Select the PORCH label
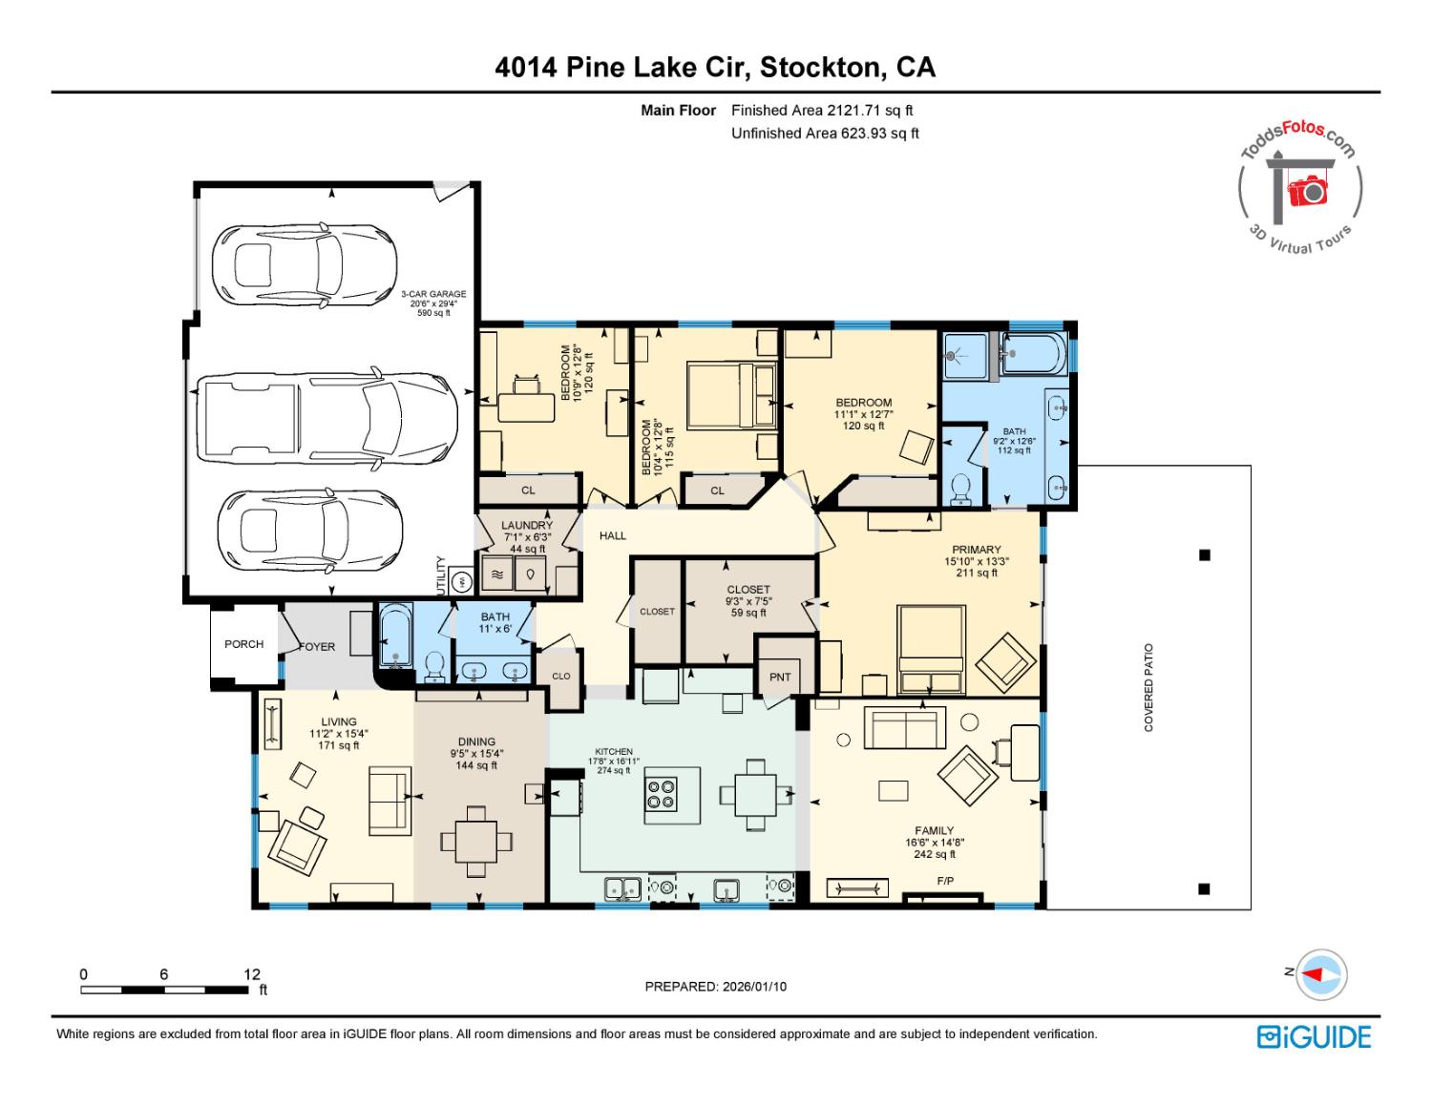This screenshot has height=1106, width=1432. (243, 644)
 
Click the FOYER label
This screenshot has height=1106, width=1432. (317, 646)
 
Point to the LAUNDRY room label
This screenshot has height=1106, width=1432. (527, 526)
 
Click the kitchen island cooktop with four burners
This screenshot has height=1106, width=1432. (661, 794)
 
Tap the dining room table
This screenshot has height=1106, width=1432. (475, 841)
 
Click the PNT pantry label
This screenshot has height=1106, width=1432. (780, 677)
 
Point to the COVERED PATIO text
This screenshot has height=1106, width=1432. (1148, 687)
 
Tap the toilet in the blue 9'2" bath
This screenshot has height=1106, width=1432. (961, 488)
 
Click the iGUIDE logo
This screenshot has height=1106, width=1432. (1314, 1037)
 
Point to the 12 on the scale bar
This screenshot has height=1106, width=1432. (251, 974)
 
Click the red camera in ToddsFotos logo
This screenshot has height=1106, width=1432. (1309, 192)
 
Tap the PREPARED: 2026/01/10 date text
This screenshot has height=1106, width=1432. (715, 987)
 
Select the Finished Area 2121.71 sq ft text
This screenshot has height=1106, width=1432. (822, 111)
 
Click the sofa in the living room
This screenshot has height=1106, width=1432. (389, 798)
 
